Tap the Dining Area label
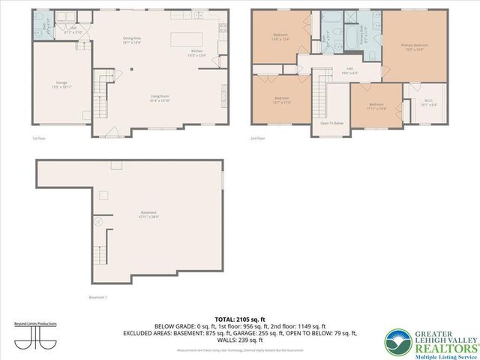click(x=133, y=40)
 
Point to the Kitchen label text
click(x=196, y=52)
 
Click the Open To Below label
click(x=331, y=123)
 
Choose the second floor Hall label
click(x=349, y=70)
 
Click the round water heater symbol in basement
click(x=97, y=221)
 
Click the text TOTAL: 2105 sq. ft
click(x=239, y=319)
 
